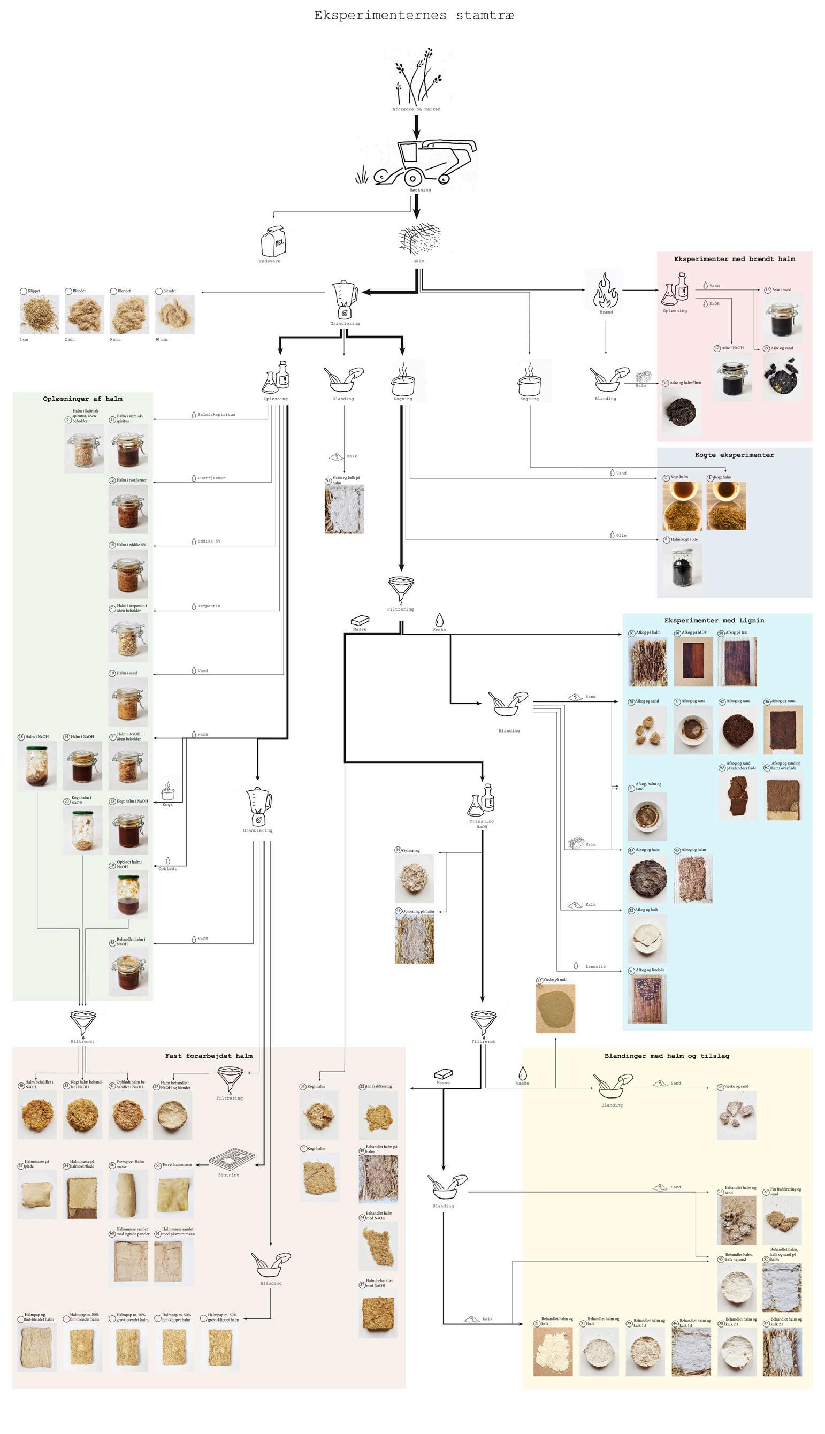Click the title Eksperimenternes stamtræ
(414, 16)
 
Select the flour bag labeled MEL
(273, 241)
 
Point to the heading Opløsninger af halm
(83, 399)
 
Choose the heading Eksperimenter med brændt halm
(735, 259)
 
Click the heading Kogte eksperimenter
(735, 455)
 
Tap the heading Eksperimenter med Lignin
(714, 620)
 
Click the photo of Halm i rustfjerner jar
(128, 510)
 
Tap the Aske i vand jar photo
(783, 319)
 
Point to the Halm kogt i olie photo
(682, 568)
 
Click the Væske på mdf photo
(555, 1009)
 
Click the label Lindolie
(595, 967)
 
